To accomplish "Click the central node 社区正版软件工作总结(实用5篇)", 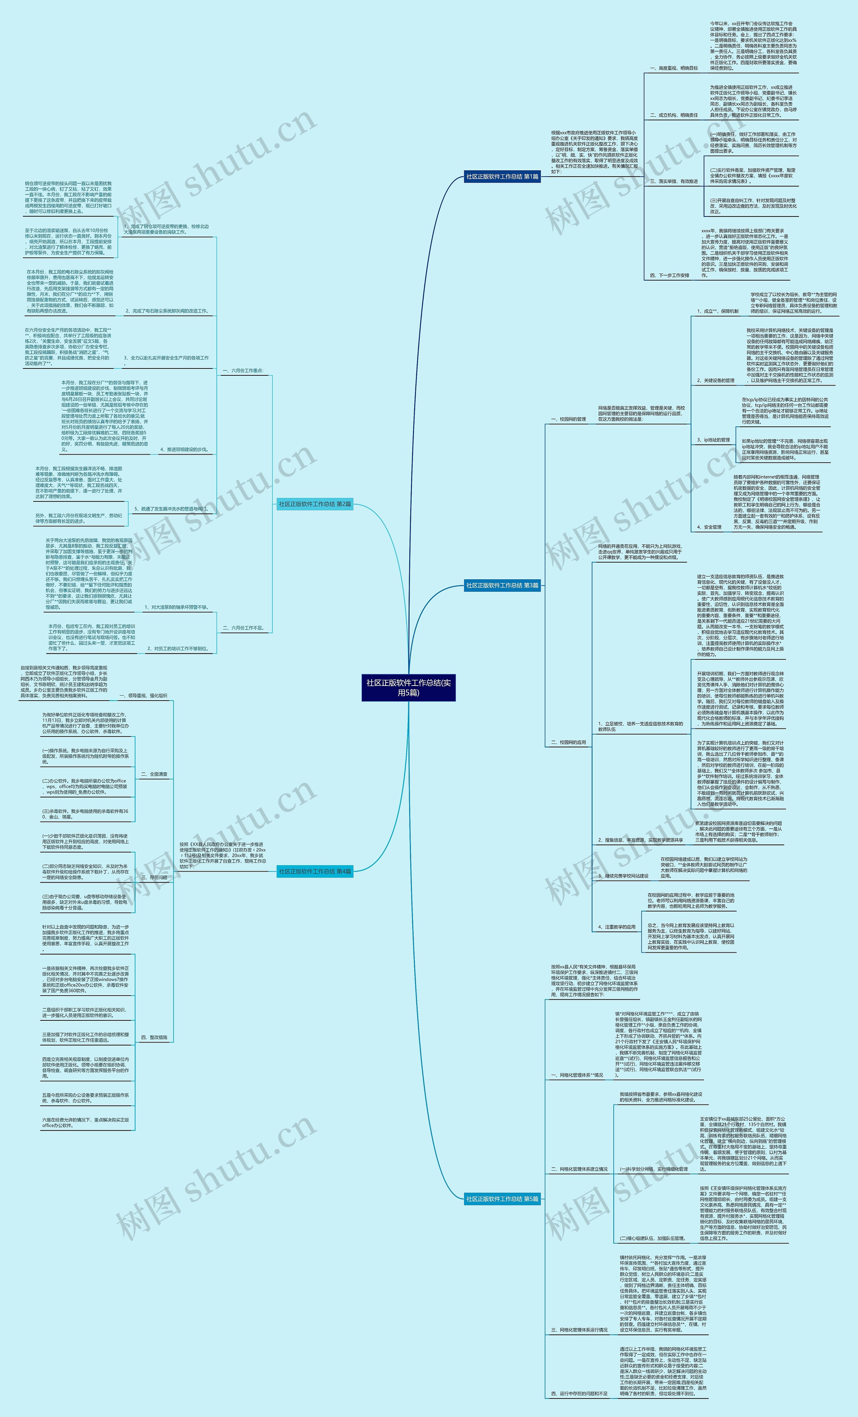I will click(408, 687).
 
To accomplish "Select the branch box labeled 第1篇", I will click(502, 177).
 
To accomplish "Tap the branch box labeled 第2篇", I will click(315, 504).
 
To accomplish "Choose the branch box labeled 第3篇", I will click(502, 585).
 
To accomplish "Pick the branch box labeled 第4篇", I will click(315, 871).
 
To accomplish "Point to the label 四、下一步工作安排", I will click(669, 276).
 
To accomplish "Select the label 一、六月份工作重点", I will click(243, 371).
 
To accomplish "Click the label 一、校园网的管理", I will click(568, 419).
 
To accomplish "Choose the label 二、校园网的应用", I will click(568, 743).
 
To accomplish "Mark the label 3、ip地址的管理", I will click(713, 440).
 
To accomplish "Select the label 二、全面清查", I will click(154, 774).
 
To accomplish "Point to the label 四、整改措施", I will click(154, 1038).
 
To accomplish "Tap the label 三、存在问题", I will click(154, 878).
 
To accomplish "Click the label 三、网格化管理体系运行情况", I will click(579, 1330).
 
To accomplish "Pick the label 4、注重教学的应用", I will click(616, 927).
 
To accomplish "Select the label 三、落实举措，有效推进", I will click(673, 181).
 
